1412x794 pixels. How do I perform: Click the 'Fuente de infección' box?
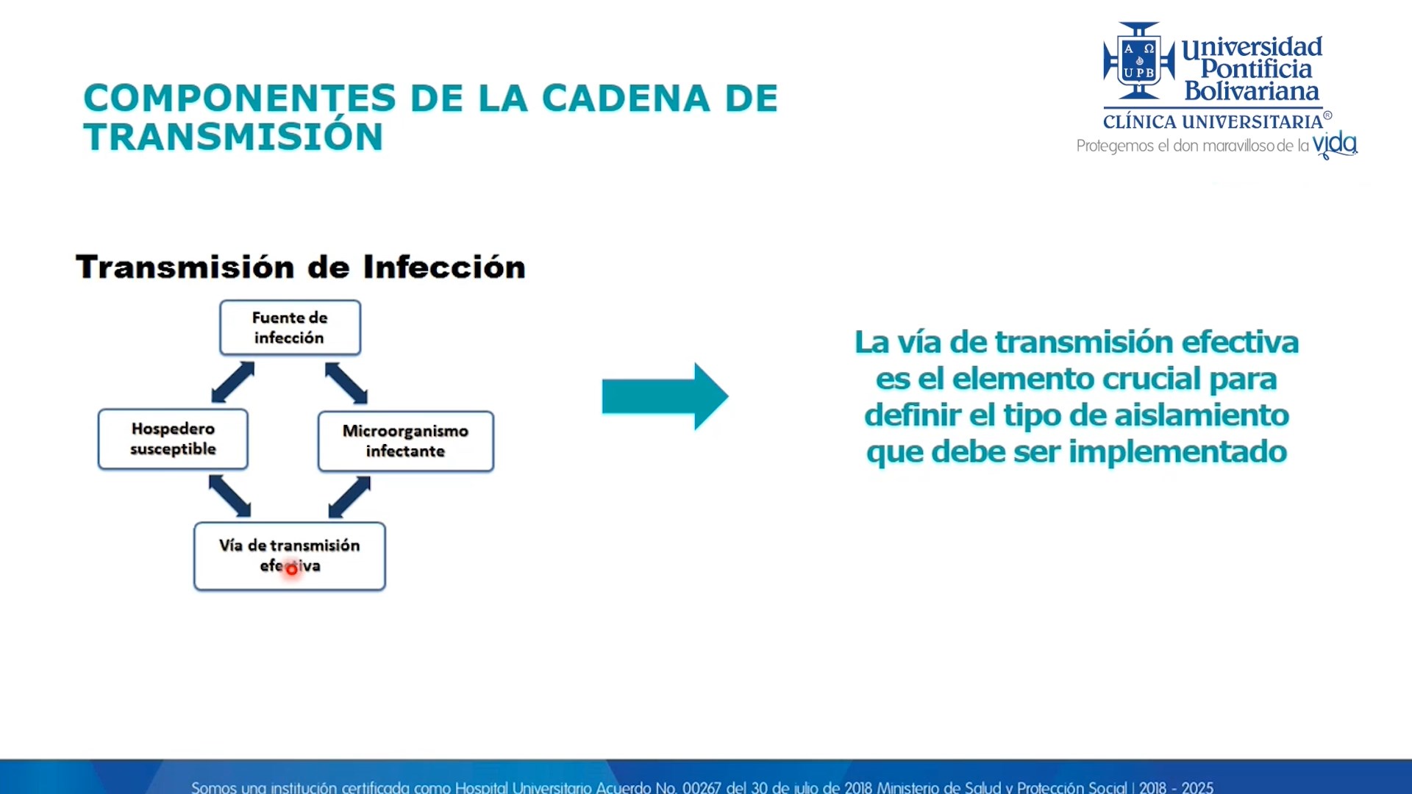point(290,327)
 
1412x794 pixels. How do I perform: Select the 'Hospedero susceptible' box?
point(173,439)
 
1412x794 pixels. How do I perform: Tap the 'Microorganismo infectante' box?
point(405,441)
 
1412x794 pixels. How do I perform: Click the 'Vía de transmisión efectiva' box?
point(289,556)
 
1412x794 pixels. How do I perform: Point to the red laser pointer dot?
point(291,568)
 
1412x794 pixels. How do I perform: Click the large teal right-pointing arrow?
point(665,396)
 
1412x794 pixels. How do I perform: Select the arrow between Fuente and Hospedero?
point(232,382)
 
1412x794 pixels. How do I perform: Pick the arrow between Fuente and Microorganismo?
point(346,382)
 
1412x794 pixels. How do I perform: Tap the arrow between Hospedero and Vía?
point(229,496)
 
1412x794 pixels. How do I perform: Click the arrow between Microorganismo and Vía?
point(349,497)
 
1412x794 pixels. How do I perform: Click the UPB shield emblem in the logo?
point(1139,61)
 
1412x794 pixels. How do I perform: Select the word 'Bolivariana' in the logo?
point(1252,91)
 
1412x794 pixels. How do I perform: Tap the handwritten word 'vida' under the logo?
point(1335,144)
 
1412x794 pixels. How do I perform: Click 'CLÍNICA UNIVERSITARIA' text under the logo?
point(1213,121)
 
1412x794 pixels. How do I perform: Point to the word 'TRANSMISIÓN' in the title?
point(233,136)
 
